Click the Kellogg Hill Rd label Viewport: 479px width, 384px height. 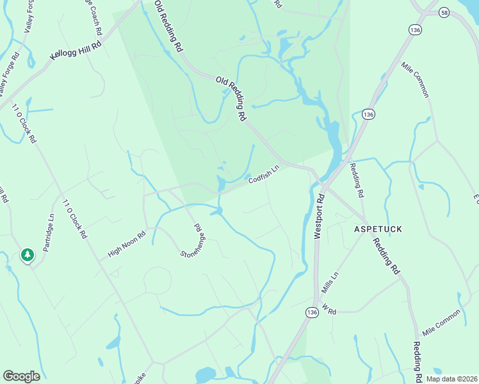(76, 52)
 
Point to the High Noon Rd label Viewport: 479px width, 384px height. (127, 244)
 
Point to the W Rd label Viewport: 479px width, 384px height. (329, 310)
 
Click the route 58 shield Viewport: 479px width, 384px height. (444, 12)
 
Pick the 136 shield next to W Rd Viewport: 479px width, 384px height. (312, 312)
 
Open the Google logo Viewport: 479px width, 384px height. (21, 376)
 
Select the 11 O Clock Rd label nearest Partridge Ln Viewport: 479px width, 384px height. (75, 219)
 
